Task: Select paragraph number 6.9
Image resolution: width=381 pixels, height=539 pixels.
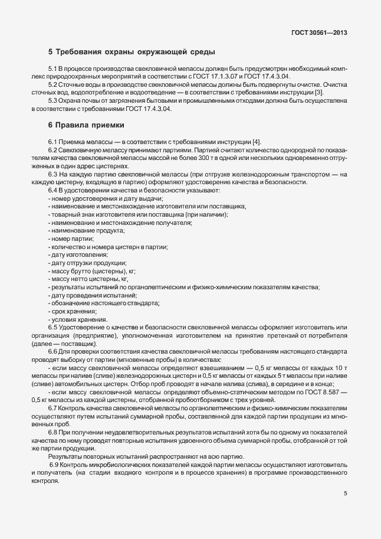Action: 54,465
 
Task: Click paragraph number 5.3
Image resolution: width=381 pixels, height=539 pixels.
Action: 53,102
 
